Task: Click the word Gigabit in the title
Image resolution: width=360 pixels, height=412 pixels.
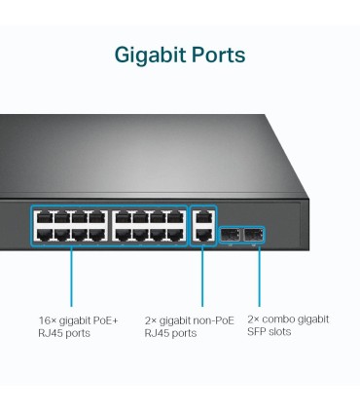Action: (x=149, y=55)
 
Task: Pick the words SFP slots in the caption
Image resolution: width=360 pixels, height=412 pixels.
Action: (x=269, y=332)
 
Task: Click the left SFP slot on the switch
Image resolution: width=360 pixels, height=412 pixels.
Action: (x=230, y=235)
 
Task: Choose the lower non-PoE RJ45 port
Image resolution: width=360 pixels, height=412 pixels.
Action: (x=201, y=234)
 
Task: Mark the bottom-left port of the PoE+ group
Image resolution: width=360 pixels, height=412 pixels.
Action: (x=43, y=234)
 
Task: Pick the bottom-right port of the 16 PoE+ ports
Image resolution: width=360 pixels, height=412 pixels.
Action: (x=176, y=234)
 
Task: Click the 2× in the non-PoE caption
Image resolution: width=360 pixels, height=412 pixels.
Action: (x=151, y=319)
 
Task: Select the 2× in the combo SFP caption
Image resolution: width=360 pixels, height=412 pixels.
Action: (x=254, y=318)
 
